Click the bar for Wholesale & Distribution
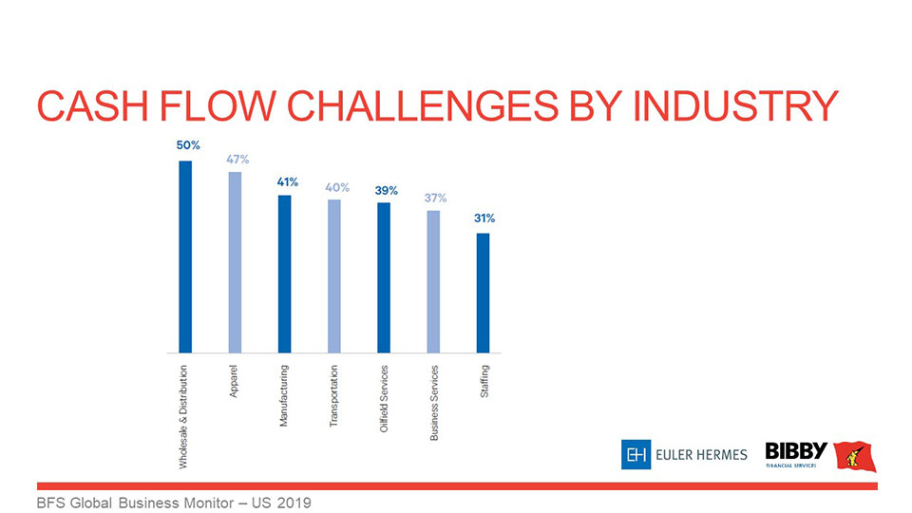(x=185, y=256)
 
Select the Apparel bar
(x=235, y=261)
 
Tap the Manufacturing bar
(x=284, y=274)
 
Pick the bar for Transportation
(x=333, y=275)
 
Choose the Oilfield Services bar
(x=384, y=277)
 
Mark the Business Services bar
(x=433, y=281)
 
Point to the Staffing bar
(x=483, y=293)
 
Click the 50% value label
(x=187, y=145)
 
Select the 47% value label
(x=237, y=159)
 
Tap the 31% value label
(x=484, y=218)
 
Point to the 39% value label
(x=386, y=190)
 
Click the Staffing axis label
(x=484, y=380)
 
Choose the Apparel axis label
(x=235, y=380)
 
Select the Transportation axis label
(x=334, y=394)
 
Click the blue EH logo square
(x=635, y=455)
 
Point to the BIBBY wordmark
(x=796, y=450)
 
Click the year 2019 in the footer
(x=293, y=502)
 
